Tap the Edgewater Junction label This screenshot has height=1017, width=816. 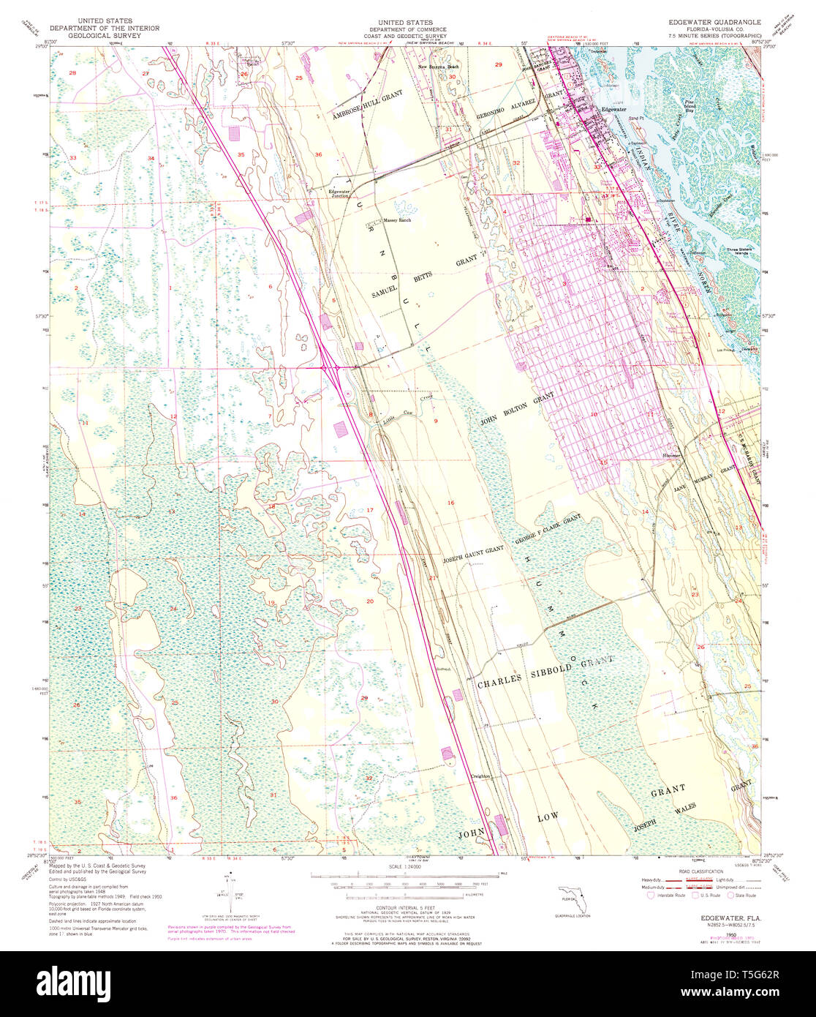(340, 193)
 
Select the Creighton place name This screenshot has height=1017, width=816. (480, 776)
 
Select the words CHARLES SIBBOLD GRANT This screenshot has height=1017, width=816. (545, 672)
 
